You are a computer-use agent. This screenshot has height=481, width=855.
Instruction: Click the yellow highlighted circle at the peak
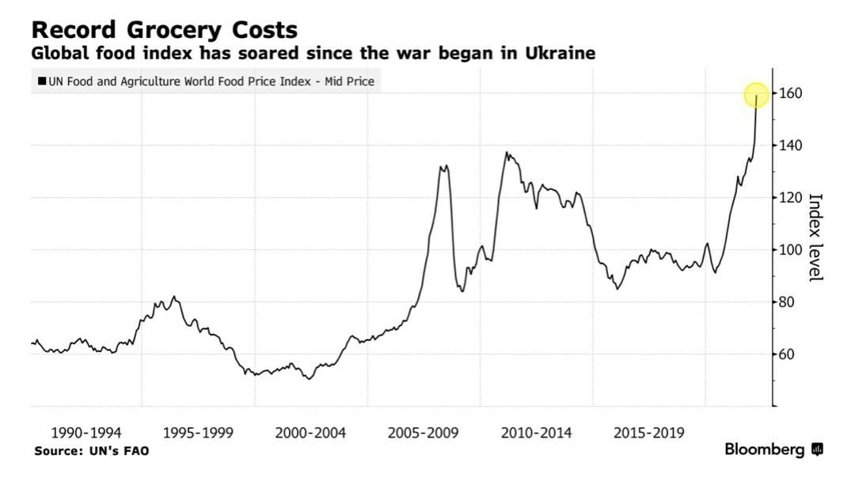(757, 95)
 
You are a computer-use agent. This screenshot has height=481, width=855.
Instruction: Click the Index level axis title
(816, 237)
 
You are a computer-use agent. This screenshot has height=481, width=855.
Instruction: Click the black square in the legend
(42, 81)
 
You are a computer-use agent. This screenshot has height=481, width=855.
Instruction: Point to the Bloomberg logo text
(765, 449)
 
